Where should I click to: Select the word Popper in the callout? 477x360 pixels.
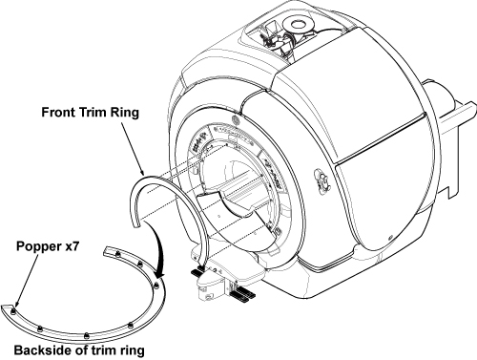coord(34,246)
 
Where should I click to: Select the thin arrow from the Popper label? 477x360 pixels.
coord(26,280)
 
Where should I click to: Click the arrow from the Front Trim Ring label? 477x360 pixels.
coord(132,148)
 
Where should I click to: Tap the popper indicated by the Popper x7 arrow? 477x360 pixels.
coord(13,310)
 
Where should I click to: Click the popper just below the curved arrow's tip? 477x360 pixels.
coord(156,286)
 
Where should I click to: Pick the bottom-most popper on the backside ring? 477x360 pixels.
coord(86,335)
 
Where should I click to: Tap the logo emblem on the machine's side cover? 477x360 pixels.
coord(322,180)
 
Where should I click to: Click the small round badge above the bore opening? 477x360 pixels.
coord(237,120)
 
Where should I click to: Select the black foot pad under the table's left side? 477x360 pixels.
coord(199,271)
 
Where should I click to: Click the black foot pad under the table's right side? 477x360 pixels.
coord(241,293)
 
